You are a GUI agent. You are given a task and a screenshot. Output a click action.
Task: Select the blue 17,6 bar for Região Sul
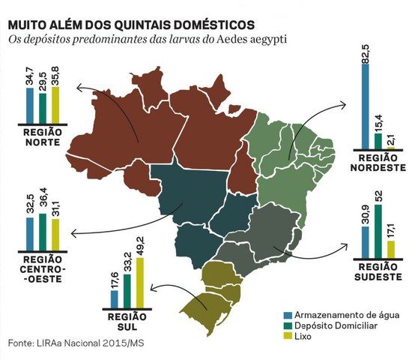point(114,298)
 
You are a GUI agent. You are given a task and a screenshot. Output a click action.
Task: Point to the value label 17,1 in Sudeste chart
point(390,229)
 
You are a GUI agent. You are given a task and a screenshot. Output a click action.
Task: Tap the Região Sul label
point(126,322)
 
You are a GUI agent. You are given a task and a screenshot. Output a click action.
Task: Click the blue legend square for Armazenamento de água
point(287,313)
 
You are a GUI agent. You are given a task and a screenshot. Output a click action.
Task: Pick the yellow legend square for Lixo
point(287,337)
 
